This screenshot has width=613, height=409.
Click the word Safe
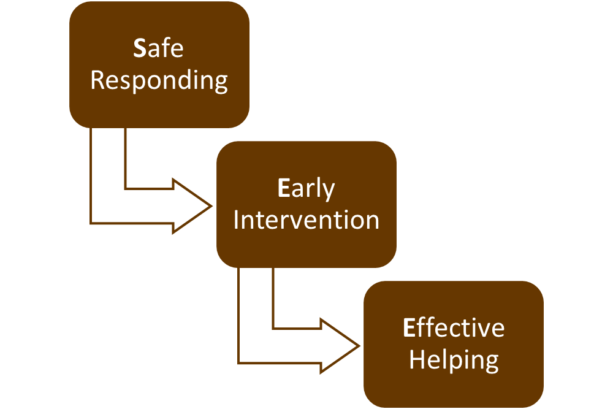[158, 48]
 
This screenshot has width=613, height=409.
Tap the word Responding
[159, 81]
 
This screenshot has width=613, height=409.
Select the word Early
[306, 189]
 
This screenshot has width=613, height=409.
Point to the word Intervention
[306, 220]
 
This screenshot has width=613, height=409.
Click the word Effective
[454, 327]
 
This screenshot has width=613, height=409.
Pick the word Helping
[454, 360]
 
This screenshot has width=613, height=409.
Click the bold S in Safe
[140, 48]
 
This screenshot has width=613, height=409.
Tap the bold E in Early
[283, 188]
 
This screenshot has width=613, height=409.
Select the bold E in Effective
[408, 327]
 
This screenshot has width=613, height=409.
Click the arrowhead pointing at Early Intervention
[192, 206]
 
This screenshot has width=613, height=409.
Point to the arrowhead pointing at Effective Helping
[340, 346]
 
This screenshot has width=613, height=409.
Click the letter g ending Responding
[221, 83]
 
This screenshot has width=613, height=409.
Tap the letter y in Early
[329, 192]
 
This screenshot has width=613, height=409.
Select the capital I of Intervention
[235, 220]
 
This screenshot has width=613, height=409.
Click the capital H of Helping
[417, 359]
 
